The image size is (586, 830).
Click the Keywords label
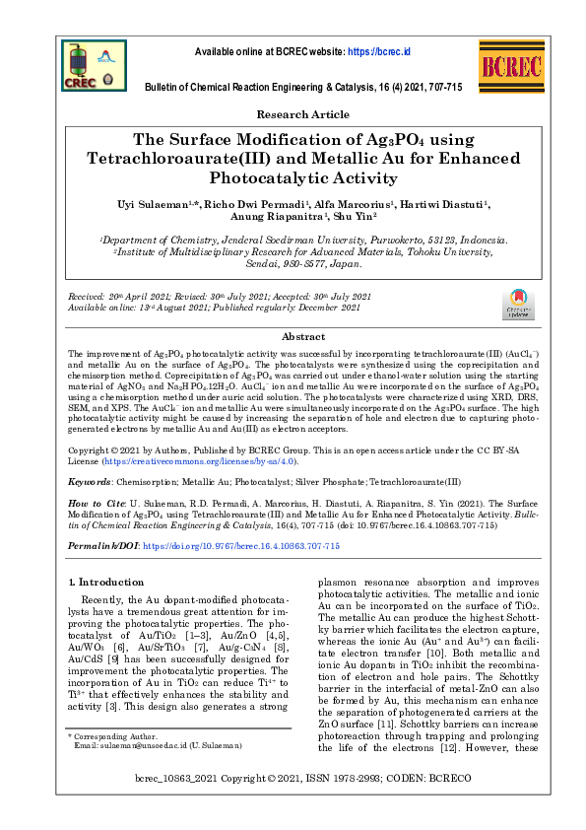(89, 483)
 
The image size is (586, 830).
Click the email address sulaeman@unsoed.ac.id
(124, 774)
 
